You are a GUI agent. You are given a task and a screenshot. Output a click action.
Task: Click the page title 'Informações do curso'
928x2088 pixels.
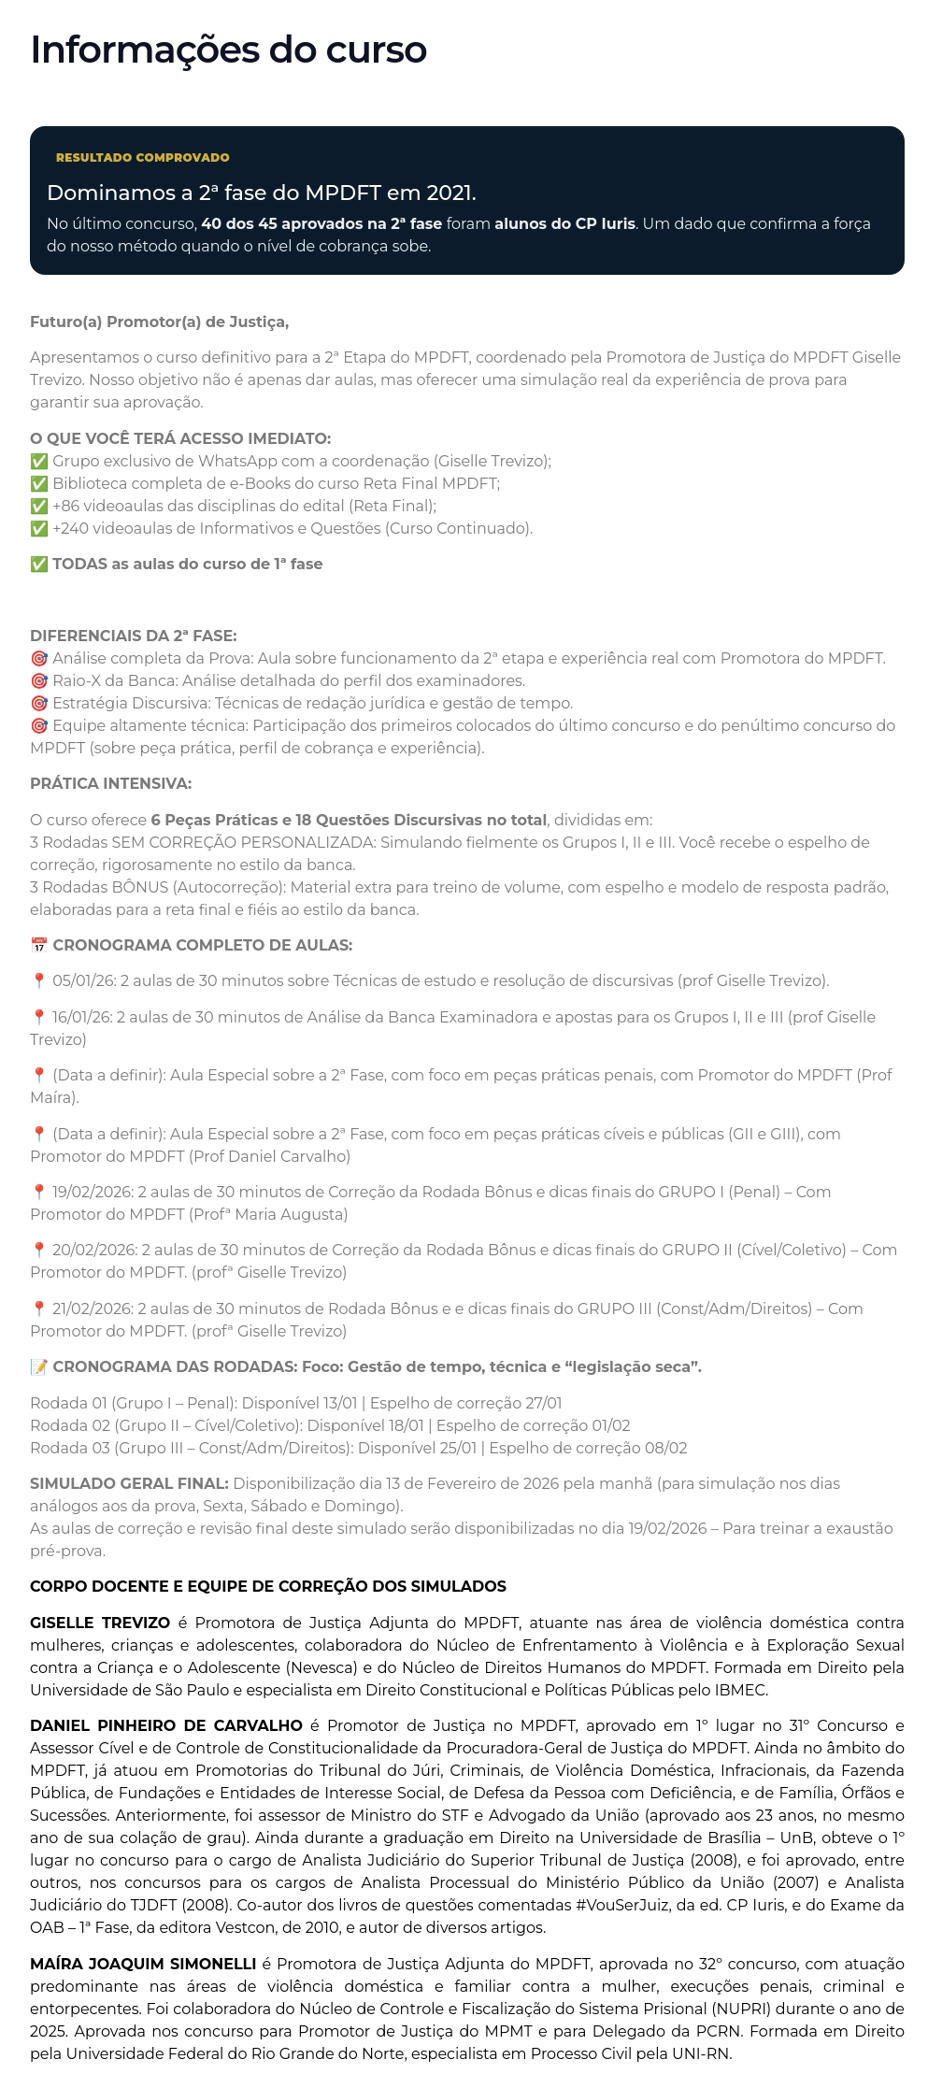pyautogui.click(x=228, y=50)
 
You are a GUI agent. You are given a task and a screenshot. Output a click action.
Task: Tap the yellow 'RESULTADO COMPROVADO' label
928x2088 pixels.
pyautogui.click(x=142, y=158)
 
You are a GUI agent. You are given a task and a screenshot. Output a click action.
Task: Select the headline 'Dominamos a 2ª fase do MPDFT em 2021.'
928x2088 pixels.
pyautogui.click(x=261, y=193)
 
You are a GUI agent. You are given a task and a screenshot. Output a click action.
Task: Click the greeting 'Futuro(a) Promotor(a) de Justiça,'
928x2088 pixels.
pyautogui.click(x=159, y=322)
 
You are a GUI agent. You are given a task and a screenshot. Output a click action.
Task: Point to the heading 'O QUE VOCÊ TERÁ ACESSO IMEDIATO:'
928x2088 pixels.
pyautogui.click(x=180, y=438)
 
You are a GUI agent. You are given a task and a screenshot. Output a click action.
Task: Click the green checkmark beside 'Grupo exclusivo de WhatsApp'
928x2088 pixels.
pyautogui.click(x=39, y=462)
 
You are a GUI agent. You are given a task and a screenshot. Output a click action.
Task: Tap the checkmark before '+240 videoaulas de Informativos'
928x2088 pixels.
pyautogui.click(x=39, y=529)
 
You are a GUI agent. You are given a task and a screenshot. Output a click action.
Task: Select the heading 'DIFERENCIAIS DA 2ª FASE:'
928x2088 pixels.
pyautogui.click(x=134, y=636)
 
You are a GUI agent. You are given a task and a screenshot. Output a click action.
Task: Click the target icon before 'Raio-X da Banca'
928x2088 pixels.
pyautogui.click(x=39, y=681)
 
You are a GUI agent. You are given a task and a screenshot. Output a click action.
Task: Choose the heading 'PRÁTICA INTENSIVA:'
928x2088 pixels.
pyautogui.click(x=110, y=783)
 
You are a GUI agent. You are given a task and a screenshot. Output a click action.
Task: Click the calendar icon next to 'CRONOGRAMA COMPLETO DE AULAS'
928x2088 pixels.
pyautogui.click(x=39, y=946)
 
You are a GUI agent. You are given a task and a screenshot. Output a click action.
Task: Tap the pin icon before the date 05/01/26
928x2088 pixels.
pyautogui.click(x=39, y=981)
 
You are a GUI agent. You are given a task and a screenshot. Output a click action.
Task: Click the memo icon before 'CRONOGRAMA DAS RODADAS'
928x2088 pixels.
pyautogui.click(x=39, y=1367)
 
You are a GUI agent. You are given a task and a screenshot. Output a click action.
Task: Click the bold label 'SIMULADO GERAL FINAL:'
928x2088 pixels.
pyautogui.click(x=129, y=1483)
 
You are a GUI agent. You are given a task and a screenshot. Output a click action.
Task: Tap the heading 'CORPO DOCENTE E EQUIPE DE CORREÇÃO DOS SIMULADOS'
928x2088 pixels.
pyautogui.click(x=268, y=1586)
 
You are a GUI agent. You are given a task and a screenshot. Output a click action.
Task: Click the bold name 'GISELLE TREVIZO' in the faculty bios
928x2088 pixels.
pyautogui.click(x=100, y=1623)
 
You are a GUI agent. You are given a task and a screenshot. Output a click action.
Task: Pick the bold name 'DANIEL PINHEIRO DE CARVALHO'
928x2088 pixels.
pyautogui.click(x=166, y=1725)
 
